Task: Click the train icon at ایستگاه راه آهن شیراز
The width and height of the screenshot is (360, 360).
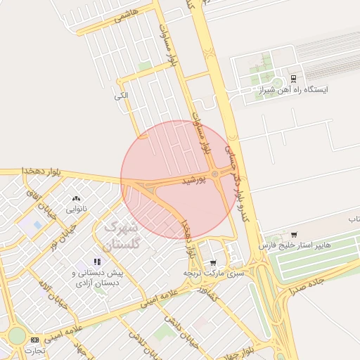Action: [294, 78]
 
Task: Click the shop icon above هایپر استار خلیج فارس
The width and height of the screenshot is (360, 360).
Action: [294, 234]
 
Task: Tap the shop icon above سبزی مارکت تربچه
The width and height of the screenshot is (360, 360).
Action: [214, 263]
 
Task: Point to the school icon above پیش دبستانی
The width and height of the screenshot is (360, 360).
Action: [96, 262]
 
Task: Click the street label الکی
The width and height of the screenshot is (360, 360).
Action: [122, 95]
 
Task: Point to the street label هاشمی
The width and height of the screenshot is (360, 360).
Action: [133, 13]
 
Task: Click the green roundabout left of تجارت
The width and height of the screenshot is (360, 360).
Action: [16, 335]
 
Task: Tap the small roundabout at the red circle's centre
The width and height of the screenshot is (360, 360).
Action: [214, 174]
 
